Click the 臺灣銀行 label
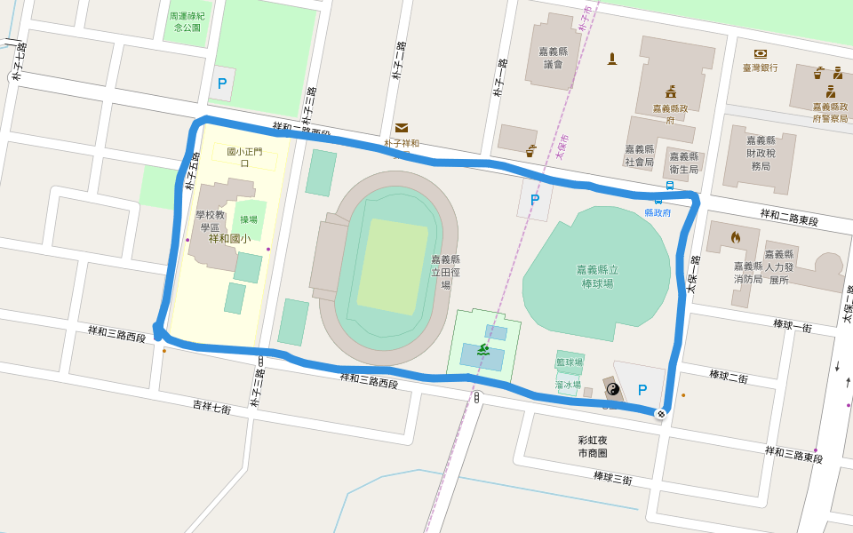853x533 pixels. point(761,68)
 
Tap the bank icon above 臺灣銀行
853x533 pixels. point(761,53)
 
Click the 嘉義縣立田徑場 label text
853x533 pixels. point(445,272)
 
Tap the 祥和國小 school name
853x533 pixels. point(229,239)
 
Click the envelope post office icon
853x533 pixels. point(402,128)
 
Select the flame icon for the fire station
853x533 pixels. point(735,237)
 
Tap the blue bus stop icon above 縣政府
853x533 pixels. point(669,186)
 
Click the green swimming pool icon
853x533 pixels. point(482,350)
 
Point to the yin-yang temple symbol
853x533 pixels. point(611,388)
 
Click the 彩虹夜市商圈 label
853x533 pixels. point(592,446)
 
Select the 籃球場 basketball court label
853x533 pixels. point(569,362)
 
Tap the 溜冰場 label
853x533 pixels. point(568,385)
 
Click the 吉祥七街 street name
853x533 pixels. point(212,407)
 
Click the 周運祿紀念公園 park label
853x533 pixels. point(187,21)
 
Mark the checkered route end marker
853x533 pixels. point(660,413)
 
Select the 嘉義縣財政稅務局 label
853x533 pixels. point(761,153)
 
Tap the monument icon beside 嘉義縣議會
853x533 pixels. point(611,59)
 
